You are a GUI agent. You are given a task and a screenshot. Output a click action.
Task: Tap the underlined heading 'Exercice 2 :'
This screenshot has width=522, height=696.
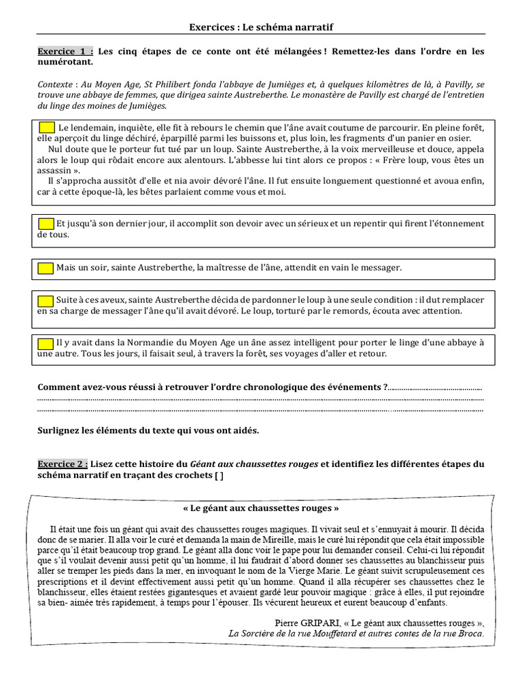pos(63,464)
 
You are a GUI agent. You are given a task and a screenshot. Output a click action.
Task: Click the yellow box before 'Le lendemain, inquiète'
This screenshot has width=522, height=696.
pos(48,127)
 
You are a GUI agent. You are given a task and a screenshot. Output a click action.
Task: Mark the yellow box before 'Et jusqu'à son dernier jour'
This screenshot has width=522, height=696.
pos(46,224)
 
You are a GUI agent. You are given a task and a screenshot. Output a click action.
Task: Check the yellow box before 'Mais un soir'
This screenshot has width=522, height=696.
pos(46,268)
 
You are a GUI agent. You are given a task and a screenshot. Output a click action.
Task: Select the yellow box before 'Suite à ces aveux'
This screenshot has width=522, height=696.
pos(46,300)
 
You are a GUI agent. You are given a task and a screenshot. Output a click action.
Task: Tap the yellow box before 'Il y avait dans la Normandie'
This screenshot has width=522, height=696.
pos(46,343)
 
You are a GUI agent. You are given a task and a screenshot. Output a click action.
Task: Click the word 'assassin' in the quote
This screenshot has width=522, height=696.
pos(56,171)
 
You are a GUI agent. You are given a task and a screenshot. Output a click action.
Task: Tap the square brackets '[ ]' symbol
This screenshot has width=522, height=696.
pos(217,475)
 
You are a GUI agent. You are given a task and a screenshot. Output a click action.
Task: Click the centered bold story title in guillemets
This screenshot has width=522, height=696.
pos(261,508)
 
